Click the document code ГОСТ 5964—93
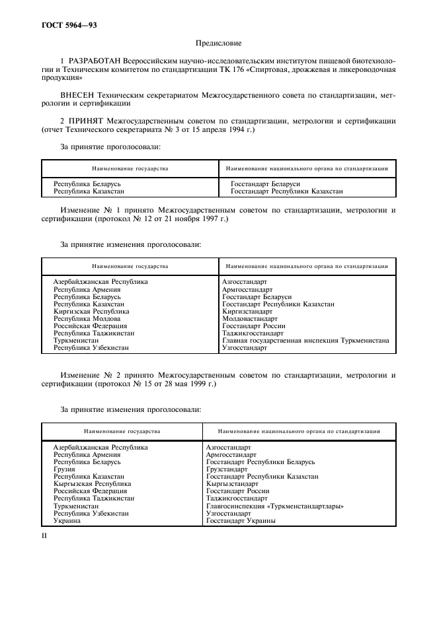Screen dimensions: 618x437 coord(64,26)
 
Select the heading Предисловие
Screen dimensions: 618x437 coord(218,45)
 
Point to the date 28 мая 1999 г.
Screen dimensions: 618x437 coord(195,383)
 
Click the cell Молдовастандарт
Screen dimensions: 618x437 coord(250,318)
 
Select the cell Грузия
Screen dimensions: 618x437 coord(65,469)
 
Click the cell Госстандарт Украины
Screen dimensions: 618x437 coord(241,520)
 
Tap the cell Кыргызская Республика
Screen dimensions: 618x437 coord(92,484)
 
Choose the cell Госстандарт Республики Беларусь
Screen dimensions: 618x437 coord(260,462)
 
